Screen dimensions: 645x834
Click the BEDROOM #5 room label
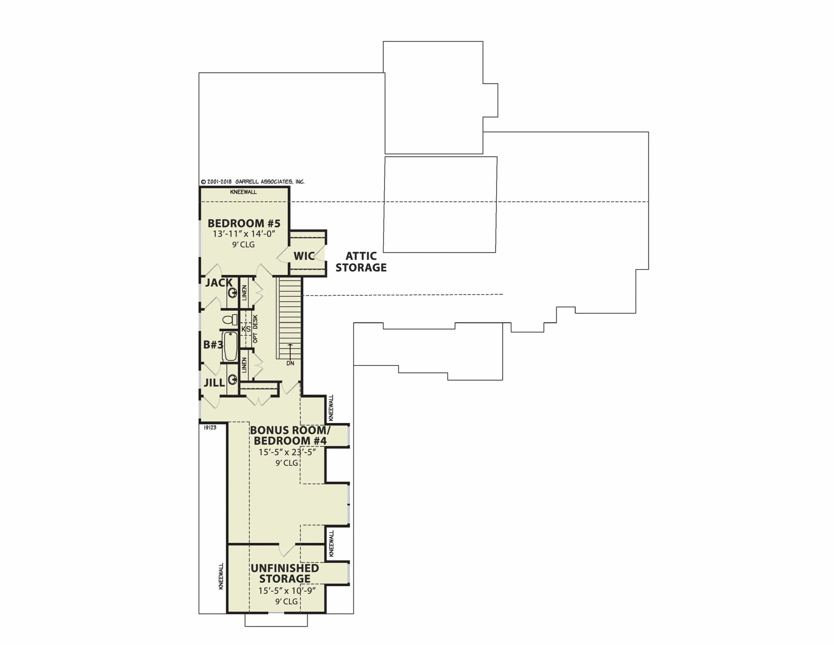tap(244, 223)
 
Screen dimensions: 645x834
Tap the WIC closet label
tap(304, 256)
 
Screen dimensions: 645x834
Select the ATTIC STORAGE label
tap(361, 262)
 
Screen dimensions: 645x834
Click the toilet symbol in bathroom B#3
tap(230, 320)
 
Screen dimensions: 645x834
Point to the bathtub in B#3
tap(230, 346)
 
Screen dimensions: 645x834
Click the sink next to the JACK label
tap(232, 292)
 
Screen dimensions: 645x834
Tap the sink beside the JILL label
tap(232, 379)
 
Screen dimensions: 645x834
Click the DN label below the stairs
tap(290, 363)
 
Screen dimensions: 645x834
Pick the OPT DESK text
tap(255, 329)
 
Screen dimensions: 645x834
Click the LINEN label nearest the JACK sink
tap(244, 292)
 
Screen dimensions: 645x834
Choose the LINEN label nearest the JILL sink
tap(244, 365)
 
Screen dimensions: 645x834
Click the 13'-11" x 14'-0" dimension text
tap(244, 234)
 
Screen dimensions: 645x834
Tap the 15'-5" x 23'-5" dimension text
tap(287, 452)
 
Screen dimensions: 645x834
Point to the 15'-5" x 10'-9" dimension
tap(287, 590)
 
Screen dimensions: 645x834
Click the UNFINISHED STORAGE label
tap(285, 573)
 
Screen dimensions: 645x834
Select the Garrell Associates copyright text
tap(253, 182)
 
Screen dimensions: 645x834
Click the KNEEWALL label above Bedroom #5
tap(244, 192)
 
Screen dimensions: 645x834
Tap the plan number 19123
tap(210, 428)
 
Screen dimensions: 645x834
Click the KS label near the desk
tap(246, 329)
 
